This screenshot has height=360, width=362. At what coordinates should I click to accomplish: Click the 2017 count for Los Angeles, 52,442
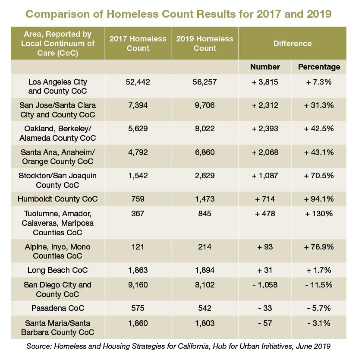pos(138,82)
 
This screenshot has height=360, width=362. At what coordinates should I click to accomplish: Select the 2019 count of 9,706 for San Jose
pos(205,105)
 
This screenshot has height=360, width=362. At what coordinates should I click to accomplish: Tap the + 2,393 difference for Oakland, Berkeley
pos(265,129)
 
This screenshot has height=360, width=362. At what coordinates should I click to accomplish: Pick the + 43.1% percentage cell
pos(319,152)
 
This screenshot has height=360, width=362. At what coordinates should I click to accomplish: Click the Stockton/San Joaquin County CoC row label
pos(58,180)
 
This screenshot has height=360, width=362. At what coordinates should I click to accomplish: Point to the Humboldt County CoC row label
pos(58,199)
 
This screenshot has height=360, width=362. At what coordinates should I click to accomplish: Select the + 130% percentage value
pos(319,214)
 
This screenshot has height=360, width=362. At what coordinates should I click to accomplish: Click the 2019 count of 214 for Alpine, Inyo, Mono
pos(205,247)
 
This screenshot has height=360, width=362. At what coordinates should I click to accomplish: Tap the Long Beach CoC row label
pos(58,270)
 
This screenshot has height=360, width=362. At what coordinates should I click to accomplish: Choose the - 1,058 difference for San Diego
pos(265,285)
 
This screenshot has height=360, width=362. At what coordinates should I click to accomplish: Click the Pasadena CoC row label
pos(58,308)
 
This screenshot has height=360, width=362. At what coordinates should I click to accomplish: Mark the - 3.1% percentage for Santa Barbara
pos(319,323)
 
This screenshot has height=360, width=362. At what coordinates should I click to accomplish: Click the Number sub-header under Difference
pos(265,67)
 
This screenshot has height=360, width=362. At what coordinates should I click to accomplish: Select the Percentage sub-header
pos(319,67)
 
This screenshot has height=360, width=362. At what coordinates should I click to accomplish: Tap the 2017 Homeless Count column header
pos(138,44)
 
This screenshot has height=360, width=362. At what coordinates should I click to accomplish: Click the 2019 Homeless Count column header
pos(205,44)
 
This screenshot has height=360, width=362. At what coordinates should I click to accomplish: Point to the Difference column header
pos(293,44)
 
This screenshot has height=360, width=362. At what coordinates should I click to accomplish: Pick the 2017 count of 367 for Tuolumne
pos(138,214)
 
